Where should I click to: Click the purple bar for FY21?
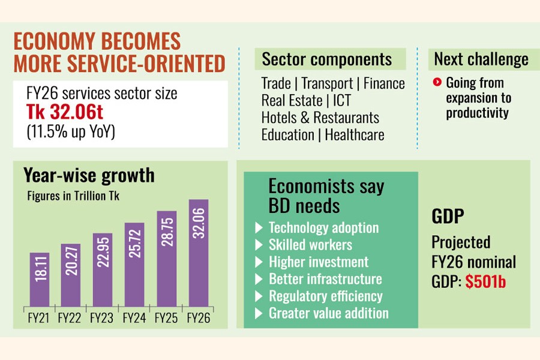pos(39,280)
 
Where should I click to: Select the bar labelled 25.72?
pos(134,265)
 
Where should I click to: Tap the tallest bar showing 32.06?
pos(199,253)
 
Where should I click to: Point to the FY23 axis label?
pos(101,317)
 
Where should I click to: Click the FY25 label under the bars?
pos(166,317)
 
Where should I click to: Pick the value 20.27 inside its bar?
pos(71,261)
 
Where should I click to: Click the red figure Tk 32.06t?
pos(65,112)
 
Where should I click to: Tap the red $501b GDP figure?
pos(485,281)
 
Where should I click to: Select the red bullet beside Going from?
pos(437,82)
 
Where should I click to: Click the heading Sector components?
pos(327,59)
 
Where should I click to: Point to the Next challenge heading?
pos(481,59)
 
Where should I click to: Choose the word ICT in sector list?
pos(341,101)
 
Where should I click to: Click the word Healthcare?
pos(355,134)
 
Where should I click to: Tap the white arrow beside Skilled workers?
pos(259,245)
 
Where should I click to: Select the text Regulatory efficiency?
pos(325,296)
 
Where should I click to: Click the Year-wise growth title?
pos(89,175)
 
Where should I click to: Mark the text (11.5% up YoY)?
pos(71,131)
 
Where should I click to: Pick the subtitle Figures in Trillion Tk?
pos(73,196)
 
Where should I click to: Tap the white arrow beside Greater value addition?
pos(259,313)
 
